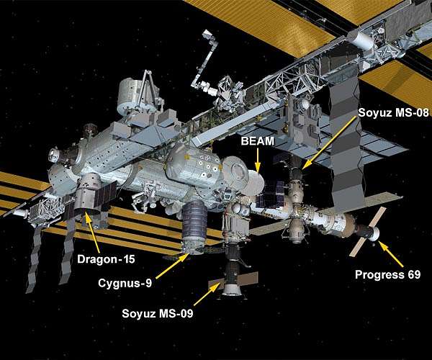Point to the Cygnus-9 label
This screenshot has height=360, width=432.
click(125, 283)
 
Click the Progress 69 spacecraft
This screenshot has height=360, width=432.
click(369, 228)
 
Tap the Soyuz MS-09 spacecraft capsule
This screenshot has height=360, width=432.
click(231, 284)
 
